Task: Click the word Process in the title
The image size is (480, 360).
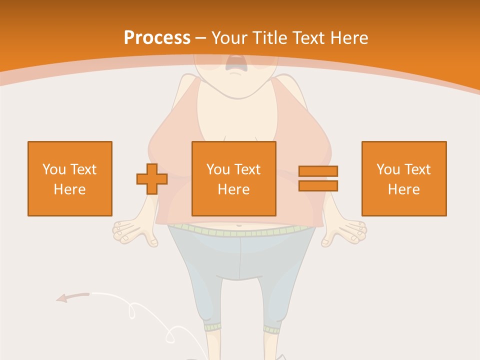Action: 157,38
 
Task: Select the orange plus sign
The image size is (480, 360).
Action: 152,178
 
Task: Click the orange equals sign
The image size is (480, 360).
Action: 318,178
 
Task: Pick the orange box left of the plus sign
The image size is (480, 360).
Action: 70,178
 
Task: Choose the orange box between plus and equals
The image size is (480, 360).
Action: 233,178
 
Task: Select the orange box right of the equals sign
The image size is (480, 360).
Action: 403,178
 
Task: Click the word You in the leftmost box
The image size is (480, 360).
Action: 53,169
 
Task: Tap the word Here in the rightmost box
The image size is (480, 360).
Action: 403,189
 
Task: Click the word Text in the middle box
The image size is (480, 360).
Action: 248,169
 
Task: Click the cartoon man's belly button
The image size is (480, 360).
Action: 239,225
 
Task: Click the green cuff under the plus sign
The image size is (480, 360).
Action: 213,327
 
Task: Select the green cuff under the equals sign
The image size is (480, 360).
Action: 272,329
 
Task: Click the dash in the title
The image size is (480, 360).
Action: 200,38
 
